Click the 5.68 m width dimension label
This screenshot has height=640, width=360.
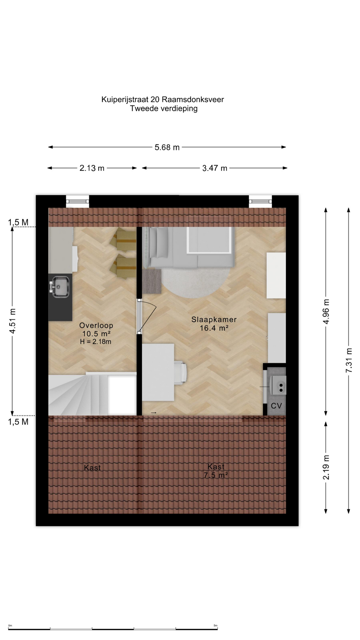pos(167,147)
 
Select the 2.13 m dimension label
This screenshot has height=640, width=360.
pos(92,168)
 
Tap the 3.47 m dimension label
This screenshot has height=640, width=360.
pos(215,168)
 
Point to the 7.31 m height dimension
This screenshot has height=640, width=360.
pos(349,360)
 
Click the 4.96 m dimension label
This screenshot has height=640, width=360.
pos(326,312)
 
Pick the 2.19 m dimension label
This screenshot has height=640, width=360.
pos(326,467)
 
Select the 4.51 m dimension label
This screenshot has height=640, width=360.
pos(13,321)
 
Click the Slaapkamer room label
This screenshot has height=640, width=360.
pos(214,320)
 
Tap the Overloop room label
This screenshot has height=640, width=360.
pos(96,326)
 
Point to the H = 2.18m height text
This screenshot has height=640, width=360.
pos(96,342)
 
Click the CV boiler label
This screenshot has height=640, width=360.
pos(276,406)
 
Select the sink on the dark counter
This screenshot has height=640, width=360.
pos(60,287)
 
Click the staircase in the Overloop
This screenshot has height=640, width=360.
pos(92,394)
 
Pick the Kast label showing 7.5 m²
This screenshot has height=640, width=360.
pos(216,471)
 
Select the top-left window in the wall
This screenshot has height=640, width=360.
pos(77,201)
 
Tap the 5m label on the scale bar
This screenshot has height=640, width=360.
pos(215,626)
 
